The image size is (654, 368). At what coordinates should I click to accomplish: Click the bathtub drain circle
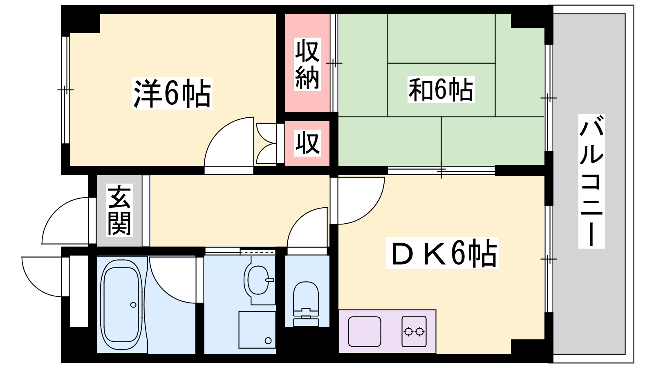[x=133, y=305]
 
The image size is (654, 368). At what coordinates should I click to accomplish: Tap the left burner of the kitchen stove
[x=408, y=332]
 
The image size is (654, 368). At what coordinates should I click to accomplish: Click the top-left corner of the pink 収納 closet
[x=285, y=14]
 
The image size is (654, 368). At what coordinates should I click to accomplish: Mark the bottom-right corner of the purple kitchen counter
[x=436, y=353]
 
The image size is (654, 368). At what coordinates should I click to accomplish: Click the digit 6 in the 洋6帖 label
[x=171, y=93]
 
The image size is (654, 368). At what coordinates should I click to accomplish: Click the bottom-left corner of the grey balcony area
[x=553, y=354]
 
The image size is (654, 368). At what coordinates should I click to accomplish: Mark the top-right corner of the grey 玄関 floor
[x=141, y=175]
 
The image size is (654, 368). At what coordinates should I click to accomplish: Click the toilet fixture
[x=306, y=304]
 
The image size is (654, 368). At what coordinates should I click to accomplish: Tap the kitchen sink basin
[x=364, y=332]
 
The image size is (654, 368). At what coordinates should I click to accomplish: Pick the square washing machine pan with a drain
[x=257, y=330]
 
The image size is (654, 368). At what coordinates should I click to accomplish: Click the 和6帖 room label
[x=441, y=90]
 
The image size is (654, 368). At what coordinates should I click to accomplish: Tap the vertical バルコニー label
[x=591, y=181]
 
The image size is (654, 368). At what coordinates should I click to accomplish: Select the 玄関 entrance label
[x=119, y=210]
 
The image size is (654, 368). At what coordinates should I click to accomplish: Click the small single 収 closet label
[x=307, y=143]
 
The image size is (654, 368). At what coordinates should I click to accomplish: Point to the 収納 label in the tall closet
[x=307, y=64]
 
